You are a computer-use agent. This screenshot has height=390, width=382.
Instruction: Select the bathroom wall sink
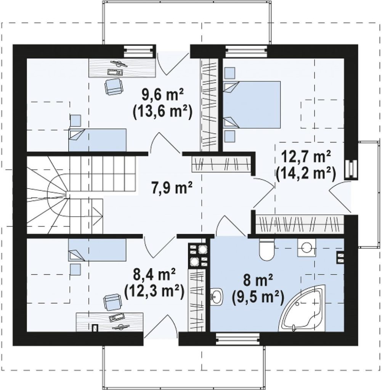pyautogui.click(x=217, y=296)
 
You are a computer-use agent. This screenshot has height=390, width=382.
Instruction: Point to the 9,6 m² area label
pyautogui.click(x=162, y=95)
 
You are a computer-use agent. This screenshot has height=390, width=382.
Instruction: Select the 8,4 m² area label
pyautogui.click(x=154, y=275)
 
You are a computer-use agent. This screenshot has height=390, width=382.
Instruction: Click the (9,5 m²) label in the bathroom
pyautogui.click(x=258, y=297)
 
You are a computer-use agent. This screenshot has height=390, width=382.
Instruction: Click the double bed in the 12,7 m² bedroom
pyautogui.click(x=252, y=104)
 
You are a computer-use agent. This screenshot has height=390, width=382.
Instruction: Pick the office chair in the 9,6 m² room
pyautogui.click(x=114, y=86)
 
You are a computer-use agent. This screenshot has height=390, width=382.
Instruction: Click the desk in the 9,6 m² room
pyautogui.click(x=122, y=68)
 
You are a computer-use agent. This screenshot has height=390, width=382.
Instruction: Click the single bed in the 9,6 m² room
pyautogui.click(x=97, y=140)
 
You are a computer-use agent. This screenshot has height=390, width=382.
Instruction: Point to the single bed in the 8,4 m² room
pyautogui.click(x=97, y=250)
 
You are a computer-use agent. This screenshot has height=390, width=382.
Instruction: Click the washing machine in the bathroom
pyautogui.click(x=307, y=248)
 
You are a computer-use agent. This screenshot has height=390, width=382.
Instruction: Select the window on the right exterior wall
pyautogui.click(x=351, y=169)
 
